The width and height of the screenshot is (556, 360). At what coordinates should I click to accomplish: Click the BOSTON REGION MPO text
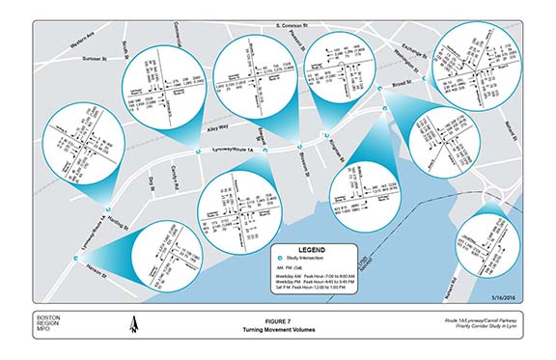tap(47, 324)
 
